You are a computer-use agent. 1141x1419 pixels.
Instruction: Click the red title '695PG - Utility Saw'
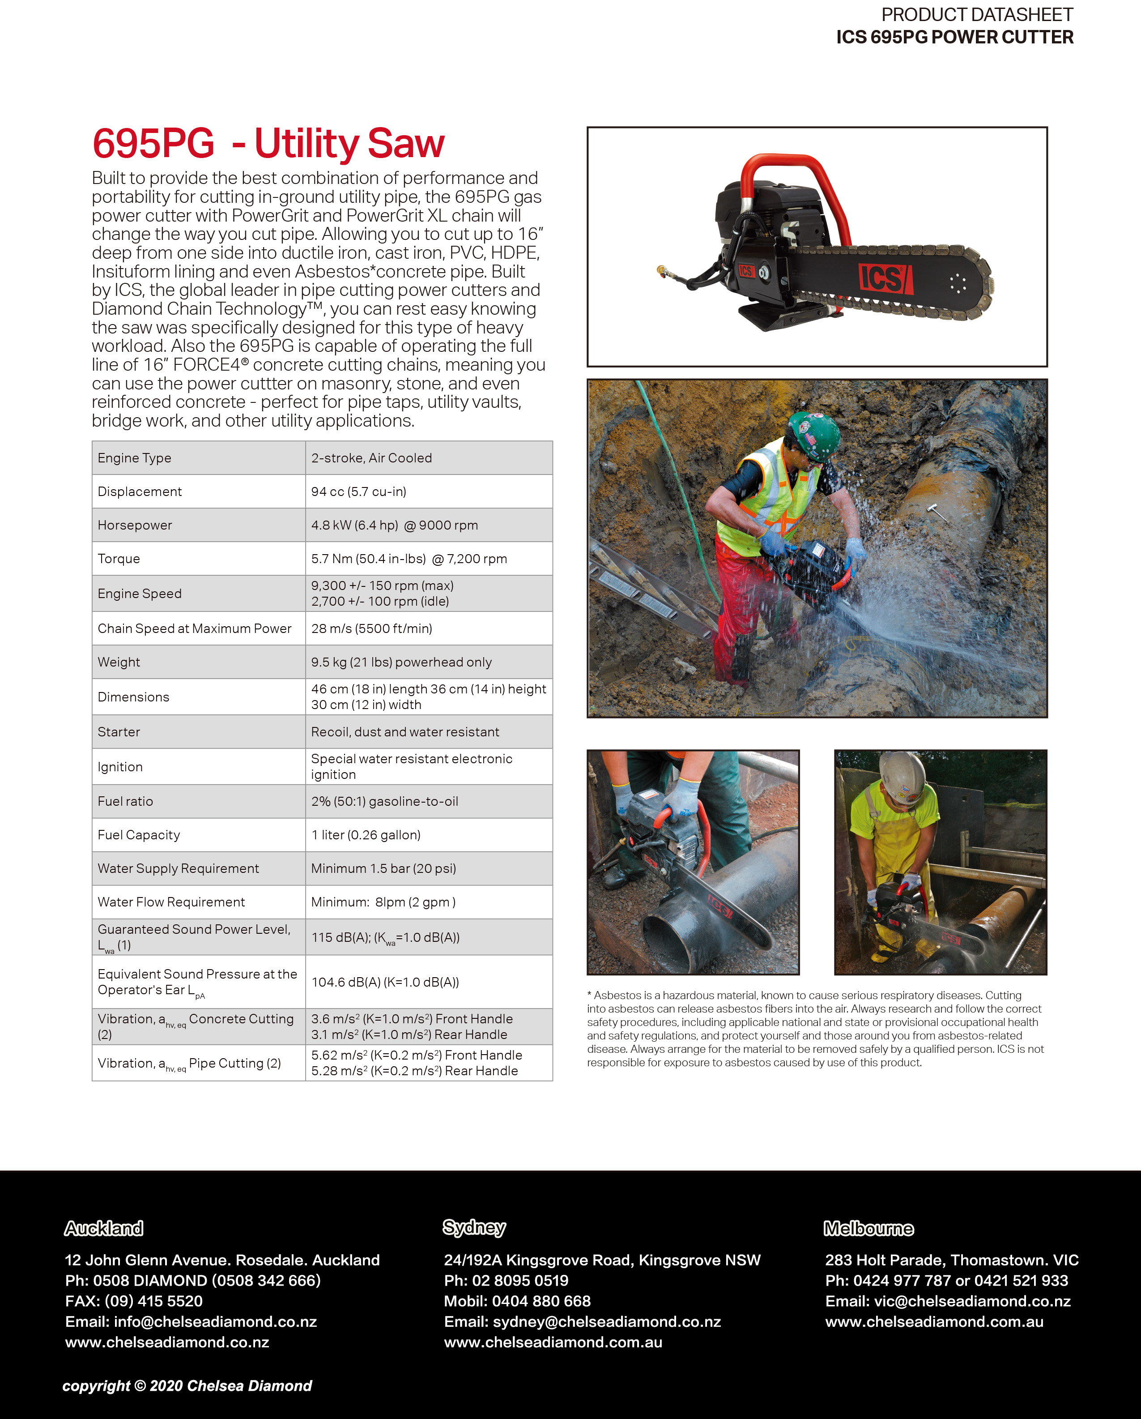pyautogui.click(x=268, y=144)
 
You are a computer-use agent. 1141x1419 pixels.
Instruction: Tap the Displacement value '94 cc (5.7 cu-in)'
pyautogui.click(x=358, y=492)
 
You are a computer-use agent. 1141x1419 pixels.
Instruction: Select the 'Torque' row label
pyautogui.click(x=119, y=559)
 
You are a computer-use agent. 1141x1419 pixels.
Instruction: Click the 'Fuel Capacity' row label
pyautogui.click(x=139, y=834)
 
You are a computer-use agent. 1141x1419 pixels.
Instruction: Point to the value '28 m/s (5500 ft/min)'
pyautogui.click(x=372, y=628)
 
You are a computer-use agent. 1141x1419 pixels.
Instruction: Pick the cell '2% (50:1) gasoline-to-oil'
pyautogui.click(x=385, y=801)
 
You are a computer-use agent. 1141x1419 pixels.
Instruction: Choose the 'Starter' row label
pyautogui.click(x=119, y=732)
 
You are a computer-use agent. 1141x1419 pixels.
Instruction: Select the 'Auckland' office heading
pyautogui.click(x=104, y=1228)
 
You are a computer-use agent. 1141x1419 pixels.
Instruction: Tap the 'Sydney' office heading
pyautogui.click(x=474, y=1227)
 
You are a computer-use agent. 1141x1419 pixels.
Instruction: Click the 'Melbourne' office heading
pyautogui.click(x=869, y=1228)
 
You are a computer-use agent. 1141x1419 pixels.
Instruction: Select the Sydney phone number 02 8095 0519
pyautogui.click(x=520, y=1280)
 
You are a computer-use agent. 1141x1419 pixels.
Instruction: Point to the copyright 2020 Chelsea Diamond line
pyautogui.click(x=187, y=1385)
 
